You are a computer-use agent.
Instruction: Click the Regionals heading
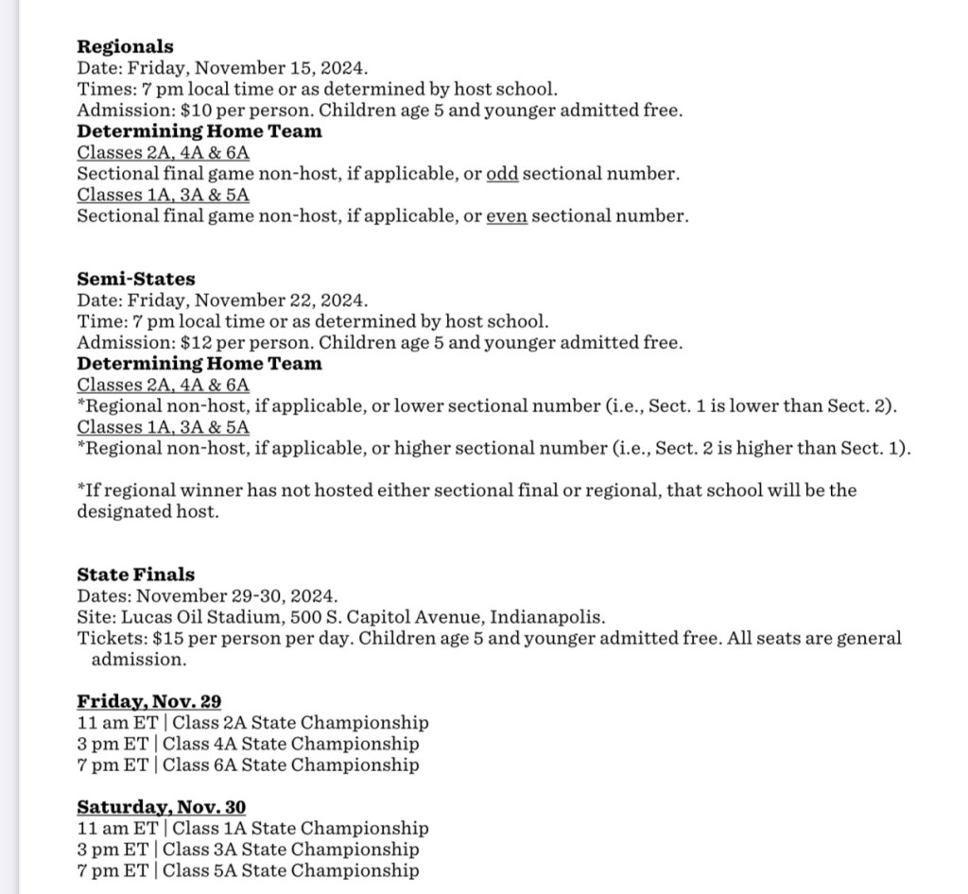coord(125,46)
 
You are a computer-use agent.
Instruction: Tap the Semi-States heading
coord(136,279)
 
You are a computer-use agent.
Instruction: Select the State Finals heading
coord(136,575)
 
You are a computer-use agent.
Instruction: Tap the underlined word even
coord(506,215)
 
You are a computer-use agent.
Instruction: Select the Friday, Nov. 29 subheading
coord(149,701)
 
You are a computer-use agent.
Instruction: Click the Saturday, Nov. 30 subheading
coord(162,807)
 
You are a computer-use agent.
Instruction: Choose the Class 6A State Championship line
coord(290,765)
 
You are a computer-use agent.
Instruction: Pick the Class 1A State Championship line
coord(295,829)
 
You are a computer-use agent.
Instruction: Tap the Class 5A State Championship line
coord(290,870)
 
